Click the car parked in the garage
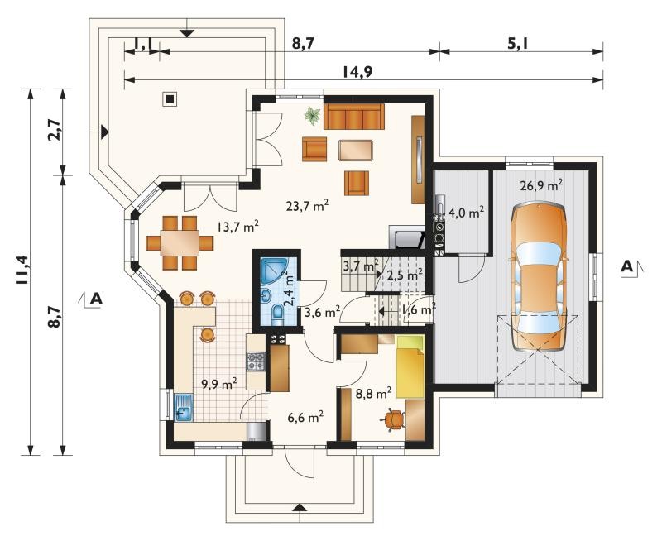539,276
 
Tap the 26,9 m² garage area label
541,185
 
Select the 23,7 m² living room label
307,205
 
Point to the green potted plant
312,115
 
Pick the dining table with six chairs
180,242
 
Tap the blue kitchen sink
183,408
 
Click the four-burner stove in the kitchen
256,361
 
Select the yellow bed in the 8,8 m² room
409,366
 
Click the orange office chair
394,419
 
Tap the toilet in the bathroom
278,315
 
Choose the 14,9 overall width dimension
357,72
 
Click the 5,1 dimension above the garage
519,44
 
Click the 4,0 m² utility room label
466,213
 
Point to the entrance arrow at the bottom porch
299,507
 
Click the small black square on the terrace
170,99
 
